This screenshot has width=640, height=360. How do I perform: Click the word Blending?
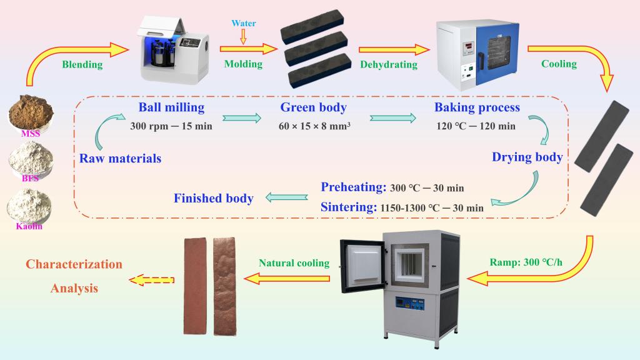82,64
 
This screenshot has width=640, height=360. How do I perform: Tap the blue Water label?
244,24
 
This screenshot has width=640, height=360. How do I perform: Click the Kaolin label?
29,226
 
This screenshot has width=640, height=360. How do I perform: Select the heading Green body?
313,107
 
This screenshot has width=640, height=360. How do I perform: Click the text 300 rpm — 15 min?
171,126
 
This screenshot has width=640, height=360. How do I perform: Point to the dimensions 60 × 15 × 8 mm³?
314,126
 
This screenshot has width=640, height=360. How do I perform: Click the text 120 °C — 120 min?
476,126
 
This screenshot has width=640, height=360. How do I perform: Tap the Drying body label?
527,157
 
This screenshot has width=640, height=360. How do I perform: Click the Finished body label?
213,198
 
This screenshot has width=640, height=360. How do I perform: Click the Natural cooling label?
294,263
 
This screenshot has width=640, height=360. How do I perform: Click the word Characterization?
74,264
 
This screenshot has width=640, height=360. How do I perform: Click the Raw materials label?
120,158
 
